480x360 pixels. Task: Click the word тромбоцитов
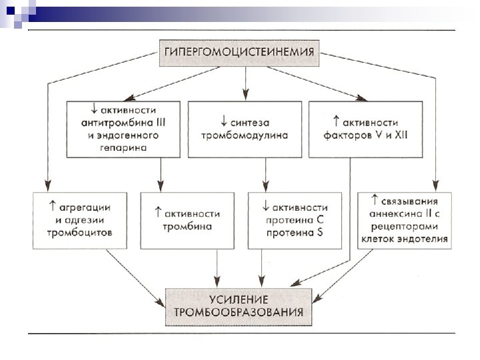(79, 233)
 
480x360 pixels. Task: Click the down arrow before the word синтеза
(222, 123)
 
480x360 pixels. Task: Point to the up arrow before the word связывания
(375, 200)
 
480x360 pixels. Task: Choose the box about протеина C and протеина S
(296, 220)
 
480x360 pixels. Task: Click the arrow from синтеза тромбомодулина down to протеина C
(265, 174)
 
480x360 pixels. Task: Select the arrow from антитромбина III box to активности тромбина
(161, 174)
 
